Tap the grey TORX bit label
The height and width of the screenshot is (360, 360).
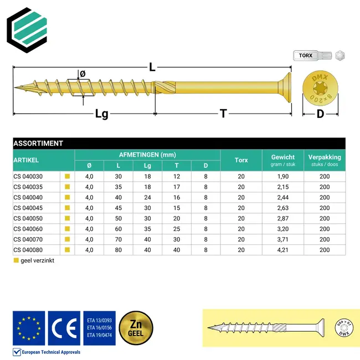tap(306, 55)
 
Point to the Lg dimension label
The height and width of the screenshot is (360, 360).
tap(101, 114)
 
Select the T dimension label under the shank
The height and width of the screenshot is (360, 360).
tap(223, 114)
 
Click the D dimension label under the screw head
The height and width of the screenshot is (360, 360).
tap(320, 114)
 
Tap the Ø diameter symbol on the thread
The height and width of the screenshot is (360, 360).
tap(83, 74)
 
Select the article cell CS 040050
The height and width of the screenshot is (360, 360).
tap(28, 218)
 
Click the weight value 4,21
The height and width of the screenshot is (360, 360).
tap(282, 250)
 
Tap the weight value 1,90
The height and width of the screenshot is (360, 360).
tap(282, 176)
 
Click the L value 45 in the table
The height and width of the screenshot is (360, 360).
tap(118, 208)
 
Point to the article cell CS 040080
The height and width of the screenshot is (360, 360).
tap(28, 250)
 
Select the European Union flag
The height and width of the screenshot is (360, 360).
tap(29, 328)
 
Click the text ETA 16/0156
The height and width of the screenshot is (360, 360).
tap(99, 328)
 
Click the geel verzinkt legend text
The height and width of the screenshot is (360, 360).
tap(37, 261)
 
